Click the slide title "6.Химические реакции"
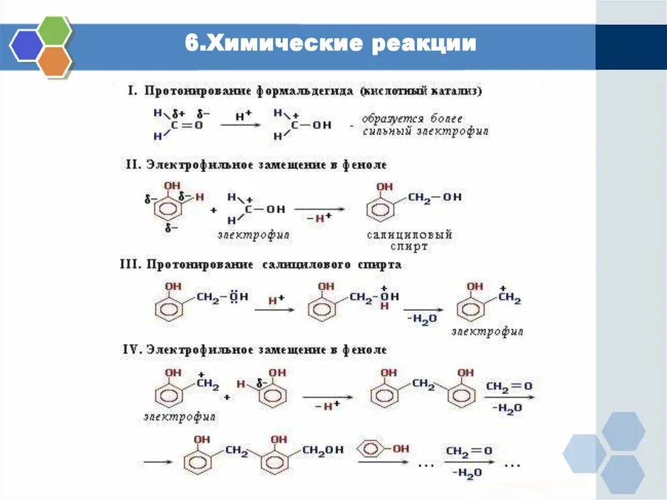(x=330, y=44)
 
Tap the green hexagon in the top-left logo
(x=53, y=31)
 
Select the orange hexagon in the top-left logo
(x=53, y=61)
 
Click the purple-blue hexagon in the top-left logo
(x=27, y=46)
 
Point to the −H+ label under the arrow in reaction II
(x=317, y=217)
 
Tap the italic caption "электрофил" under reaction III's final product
(x=488, y=332)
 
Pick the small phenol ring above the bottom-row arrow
(x=372, y=449)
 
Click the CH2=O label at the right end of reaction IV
(x=509, y=386)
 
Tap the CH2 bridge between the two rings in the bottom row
(x=235, y=449)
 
